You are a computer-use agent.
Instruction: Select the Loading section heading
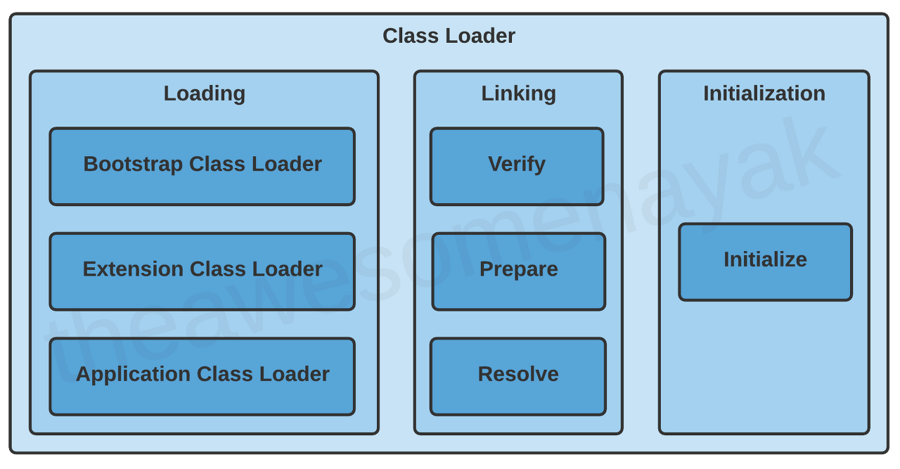(205, 94)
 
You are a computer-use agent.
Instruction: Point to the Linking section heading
(518, 94)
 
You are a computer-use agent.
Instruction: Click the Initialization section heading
(764, 94)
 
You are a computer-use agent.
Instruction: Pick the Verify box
(517, 167)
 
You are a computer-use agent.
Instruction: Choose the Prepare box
(518, 271)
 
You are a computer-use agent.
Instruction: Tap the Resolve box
(518, 376)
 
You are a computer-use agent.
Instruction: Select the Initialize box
(765, 262)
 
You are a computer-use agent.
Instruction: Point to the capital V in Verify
(495, 164)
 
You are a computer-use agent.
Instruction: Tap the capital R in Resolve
(485, 374)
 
